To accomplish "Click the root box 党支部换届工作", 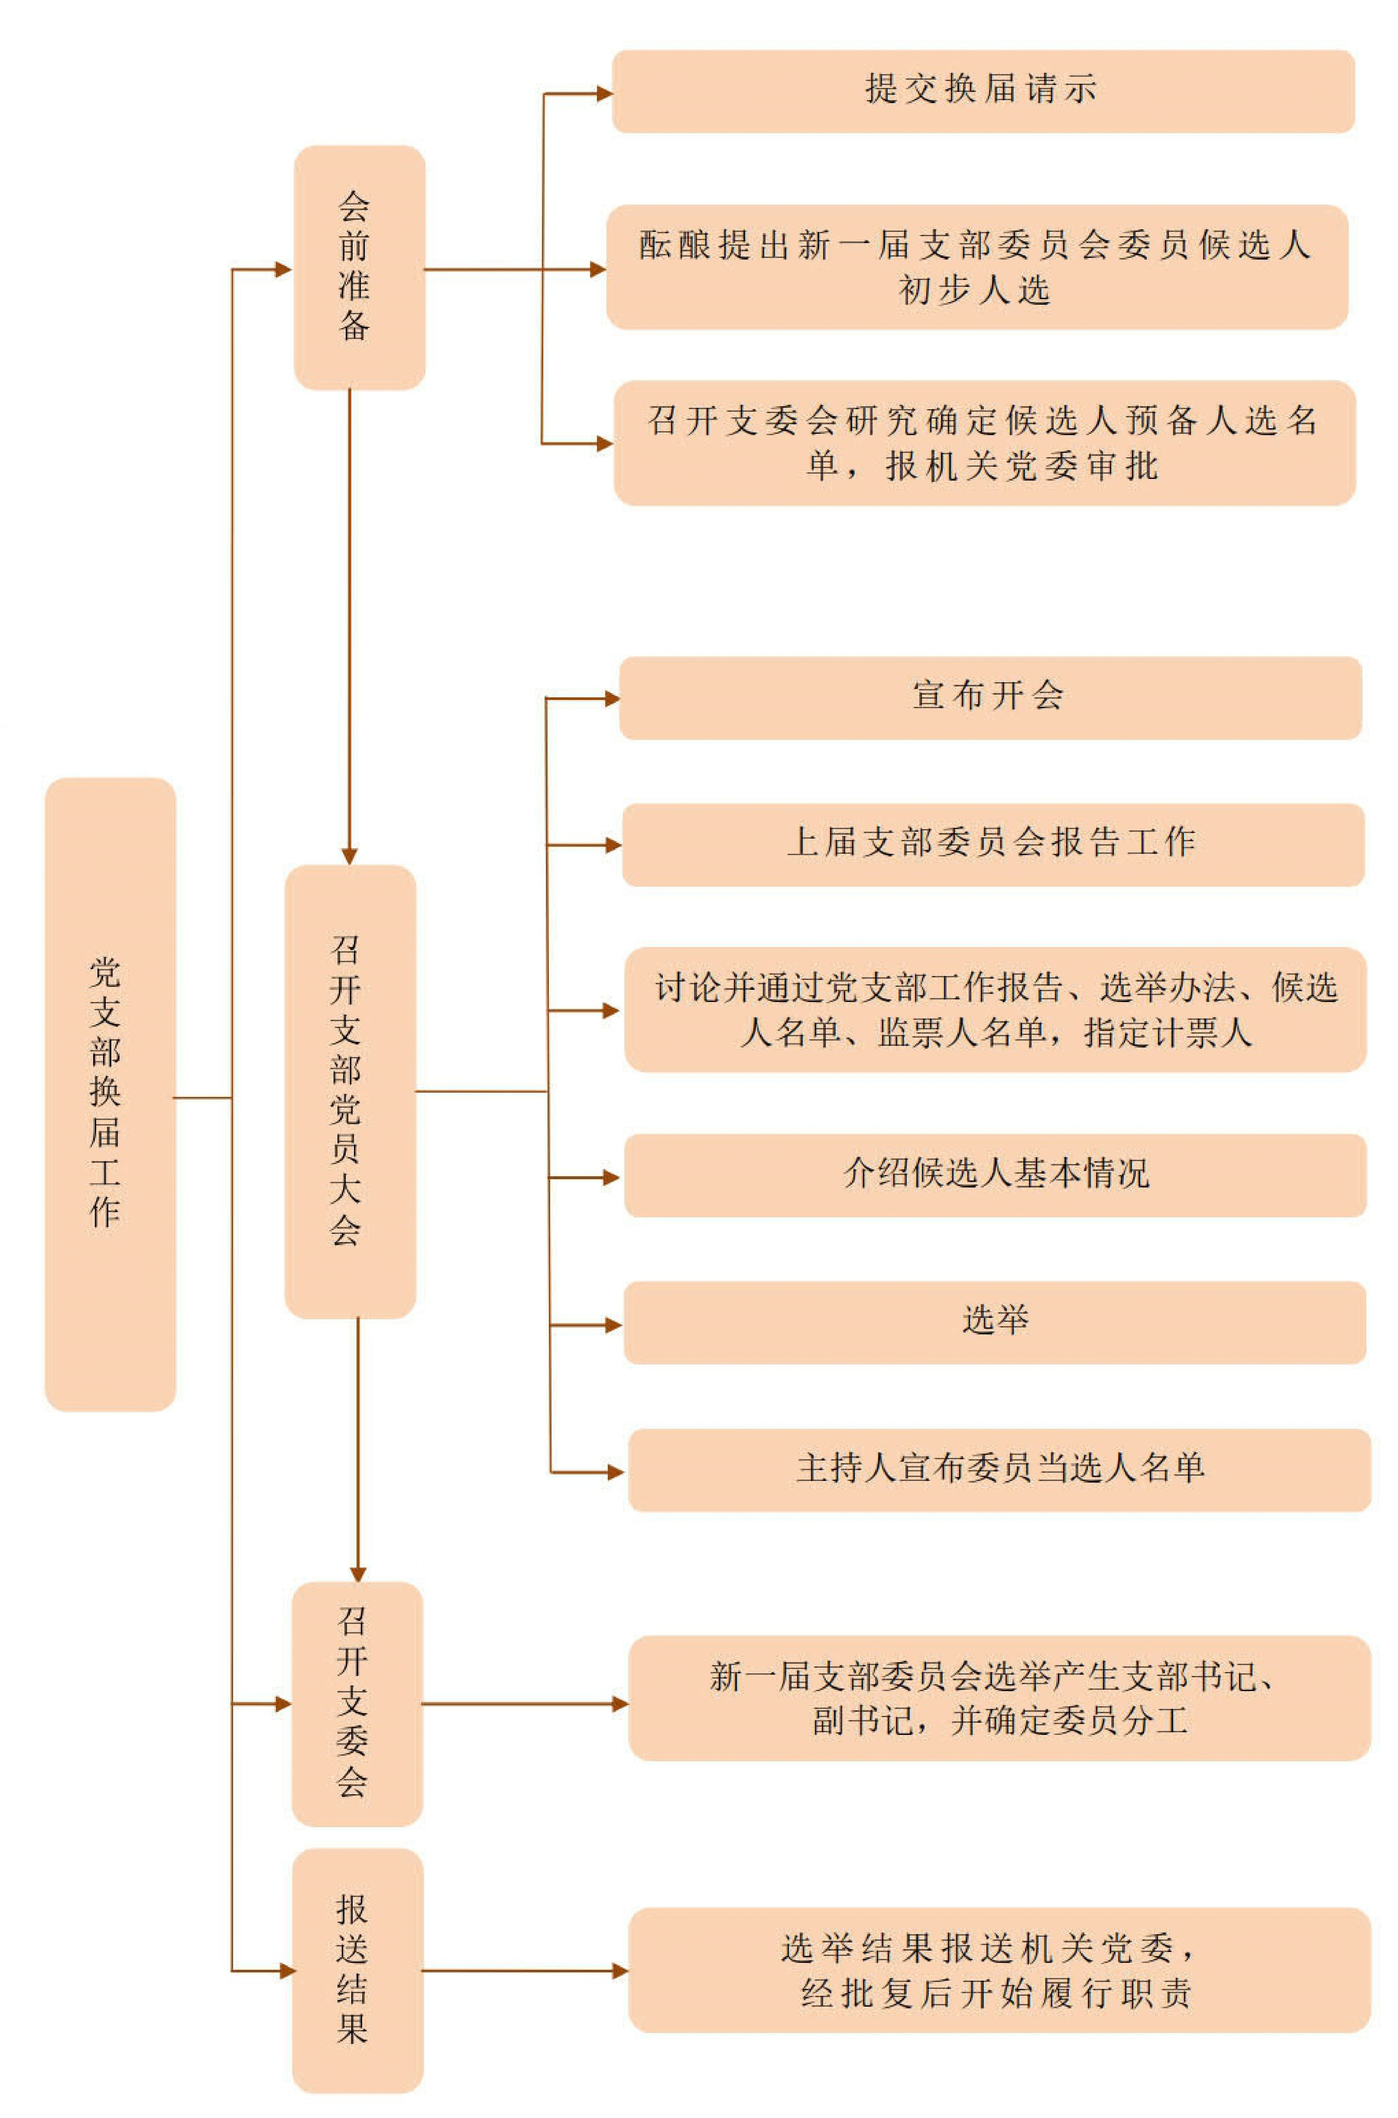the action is click(x=111, y=1094).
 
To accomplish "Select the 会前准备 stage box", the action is click(x=359, y=267).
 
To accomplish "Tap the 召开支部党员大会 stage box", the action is click(x=350, y=1092).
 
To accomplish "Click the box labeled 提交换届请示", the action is click(x=983, y=91).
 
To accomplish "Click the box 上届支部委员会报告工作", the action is click(x=993, y=845).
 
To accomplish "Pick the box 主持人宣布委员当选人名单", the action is click(x=1000, y=1470).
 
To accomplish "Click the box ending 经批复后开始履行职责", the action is click(x=1000, y=1970).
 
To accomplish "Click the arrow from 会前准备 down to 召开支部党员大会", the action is click(x=350, y=627).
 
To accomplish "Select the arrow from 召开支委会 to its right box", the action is click(x=525, y=1704).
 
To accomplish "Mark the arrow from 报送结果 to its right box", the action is click(x=525, y=1971).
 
